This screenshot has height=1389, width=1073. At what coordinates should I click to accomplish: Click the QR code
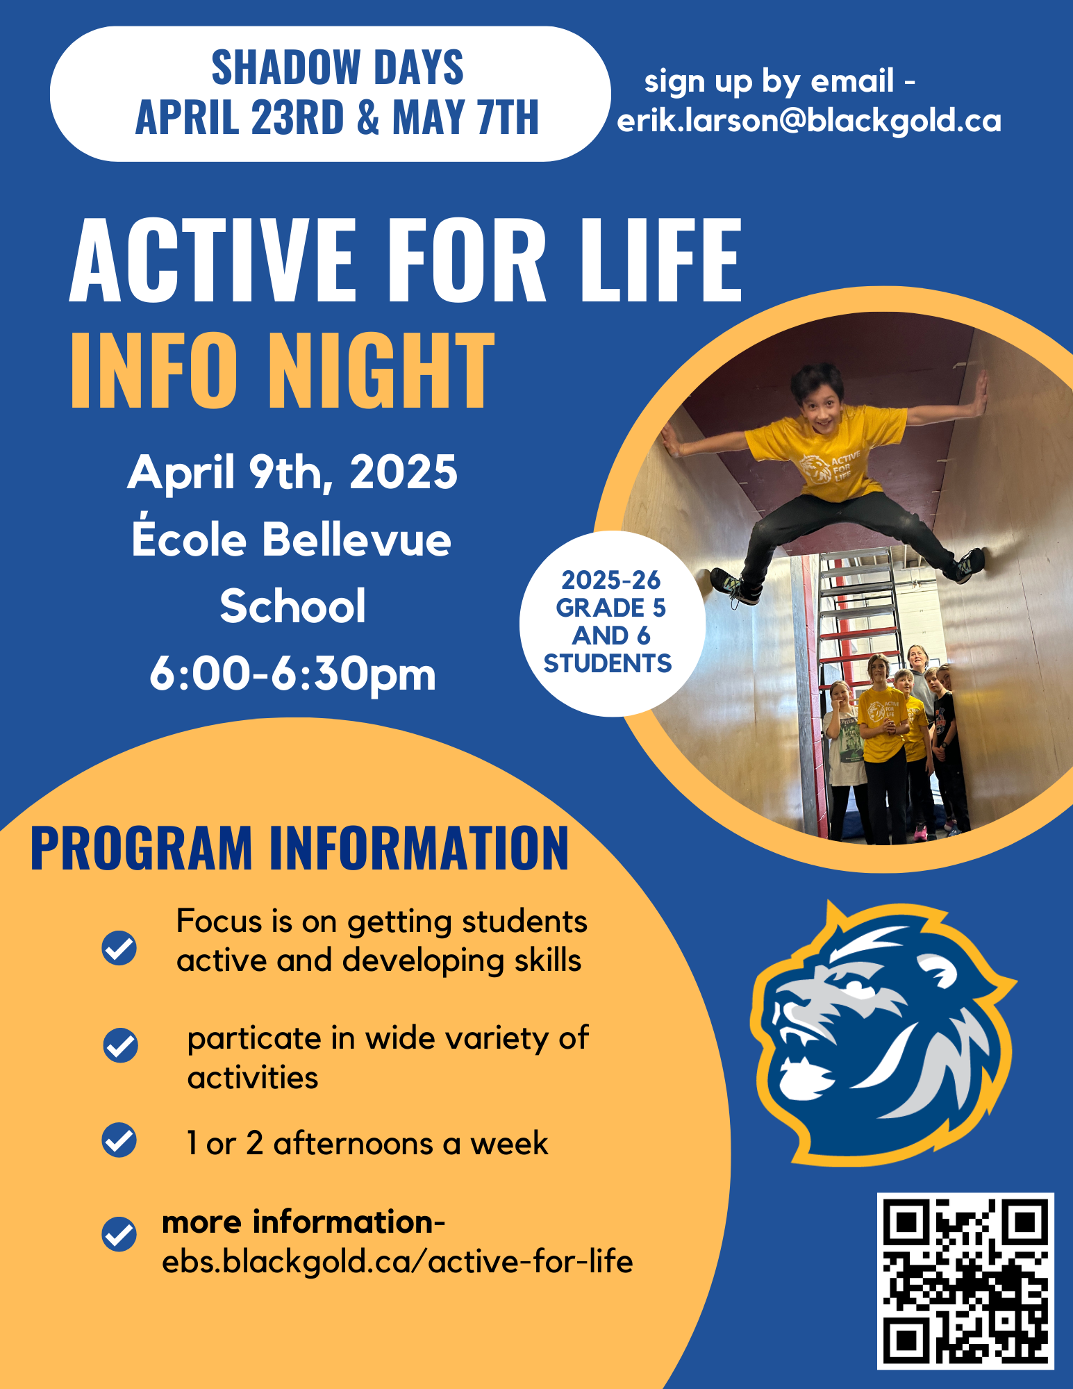point(965,1281)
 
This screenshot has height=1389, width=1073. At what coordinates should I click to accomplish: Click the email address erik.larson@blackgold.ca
point(809,121)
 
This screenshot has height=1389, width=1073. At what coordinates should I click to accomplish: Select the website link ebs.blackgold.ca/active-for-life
point(397,1262)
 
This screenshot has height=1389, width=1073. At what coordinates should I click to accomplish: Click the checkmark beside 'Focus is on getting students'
point(119,948)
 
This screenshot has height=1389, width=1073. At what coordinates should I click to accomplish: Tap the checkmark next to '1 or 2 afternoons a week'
point(119,1140)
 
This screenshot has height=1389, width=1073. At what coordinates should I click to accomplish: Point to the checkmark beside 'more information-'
point(119,1234)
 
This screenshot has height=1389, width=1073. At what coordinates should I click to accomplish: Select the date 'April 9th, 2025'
point(292,472)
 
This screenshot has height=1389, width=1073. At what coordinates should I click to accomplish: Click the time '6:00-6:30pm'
point(292,674)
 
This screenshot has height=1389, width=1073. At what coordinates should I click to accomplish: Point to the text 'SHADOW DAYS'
point(338,67)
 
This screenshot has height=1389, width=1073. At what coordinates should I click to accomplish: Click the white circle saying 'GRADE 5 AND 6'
point(611,622)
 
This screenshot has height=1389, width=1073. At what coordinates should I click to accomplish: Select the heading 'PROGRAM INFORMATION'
point(299,848)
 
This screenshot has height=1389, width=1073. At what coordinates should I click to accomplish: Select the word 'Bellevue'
point(356,540)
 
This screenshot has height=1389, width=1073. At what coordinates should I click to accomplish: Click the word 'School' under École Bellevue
point(292,606)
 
